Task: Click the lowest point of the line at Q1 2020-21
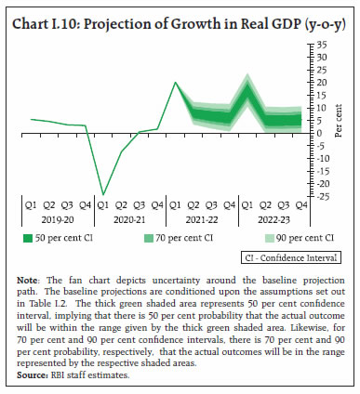click(103, 194)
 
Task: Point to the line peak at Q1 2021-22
click(176, 83)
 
